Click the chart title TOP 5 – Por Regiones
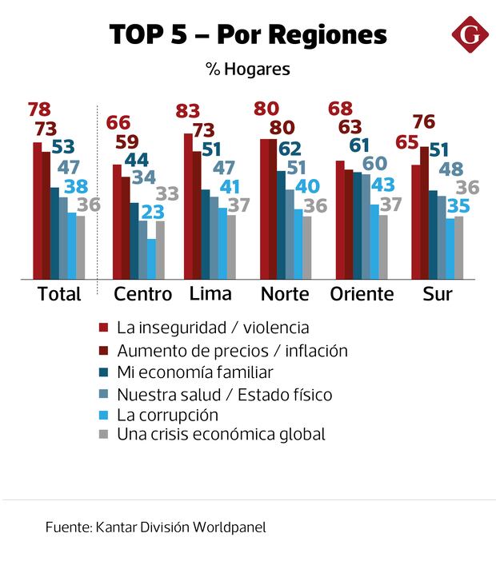click(248, 35)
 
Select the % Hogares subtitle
click(247, 70)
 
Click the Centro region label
click(142, 293)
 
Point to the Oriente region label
click(362, 293)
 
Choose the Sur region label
click(438, 293)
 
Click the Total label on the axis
click(59, 293)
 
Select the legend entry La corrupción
click(167, 415)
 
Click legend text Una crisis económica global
click(221, 435)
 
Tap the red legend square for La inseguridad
click(103, 328)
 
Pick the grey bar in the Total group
click(80, 247)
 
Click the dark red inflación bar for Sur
click(424, 213)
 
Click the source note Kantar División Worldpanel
click(156, 527)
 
